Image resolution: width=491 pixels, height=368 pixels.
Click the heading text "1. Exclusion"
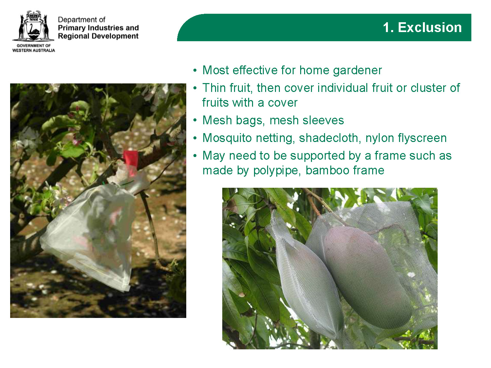pyautogui.click(x=422, y=27)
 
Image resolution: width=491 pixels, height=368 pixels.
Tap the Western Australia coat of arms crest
pyautogui.click(x=33, y=26)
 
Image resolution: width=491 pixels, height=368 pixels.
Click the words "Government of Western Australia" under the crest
pyautogui.click(x=34, y=48)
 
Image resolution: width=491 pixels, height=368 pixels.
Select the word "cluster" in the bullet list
pyautogui.click(x=427, y=88)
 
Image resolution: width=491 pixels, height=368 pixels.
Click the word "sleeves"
pyautogui.click(x=323, y=120)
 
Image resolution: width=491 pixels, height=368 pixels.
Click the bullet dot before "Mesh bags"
pyautogui.click(x=195, y=120)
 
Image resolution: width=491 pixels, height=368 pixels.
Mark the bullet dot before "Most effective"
pyautogui.click(x=195, y=71)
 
